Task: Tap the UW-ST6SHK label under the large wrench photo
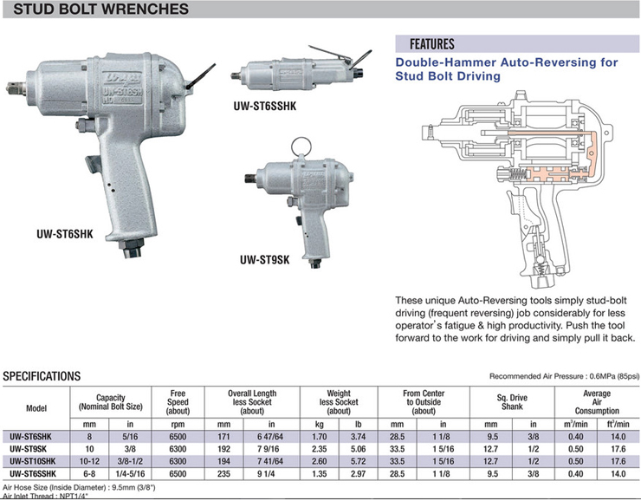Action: (64, 235)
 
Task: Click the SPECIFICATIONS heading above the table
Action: (42, 376)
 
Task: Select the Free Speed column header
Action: (177, 400)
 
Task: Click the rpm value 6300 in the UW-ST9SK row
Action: (177, 450)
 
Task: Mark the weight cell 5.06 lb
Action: (359, 450)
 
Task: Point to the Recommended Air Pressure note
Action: (565, 376)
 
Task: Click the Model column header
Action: (36, 407)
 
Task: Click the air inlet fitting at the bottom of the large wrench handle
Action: (134, 252)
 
